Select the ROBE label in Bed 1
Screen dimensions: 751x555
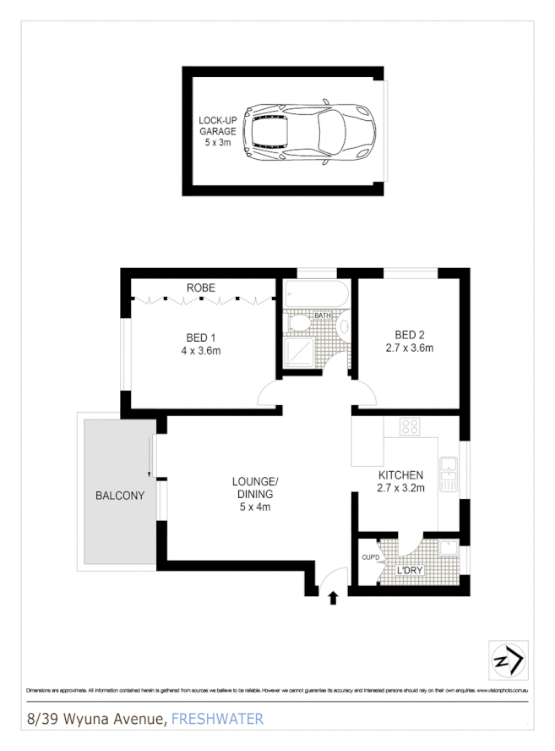pos(201,288)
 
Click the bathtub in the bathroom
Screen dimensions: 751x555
pos(314,295)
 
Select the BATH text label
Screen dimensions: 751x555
pos(324,316)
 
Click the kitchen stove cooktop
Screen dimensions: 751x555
pos(411,426)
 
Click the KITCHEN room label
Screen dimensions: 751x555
pos(400,475)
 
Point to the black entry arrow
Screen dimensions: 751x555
pos(332,598)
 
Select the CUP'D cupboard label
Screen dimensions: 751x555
pos(369,557)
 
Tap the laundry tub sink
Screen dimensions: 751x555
pos(448,548)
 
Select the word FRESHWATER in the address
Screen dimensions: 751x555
pos(217,720)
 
